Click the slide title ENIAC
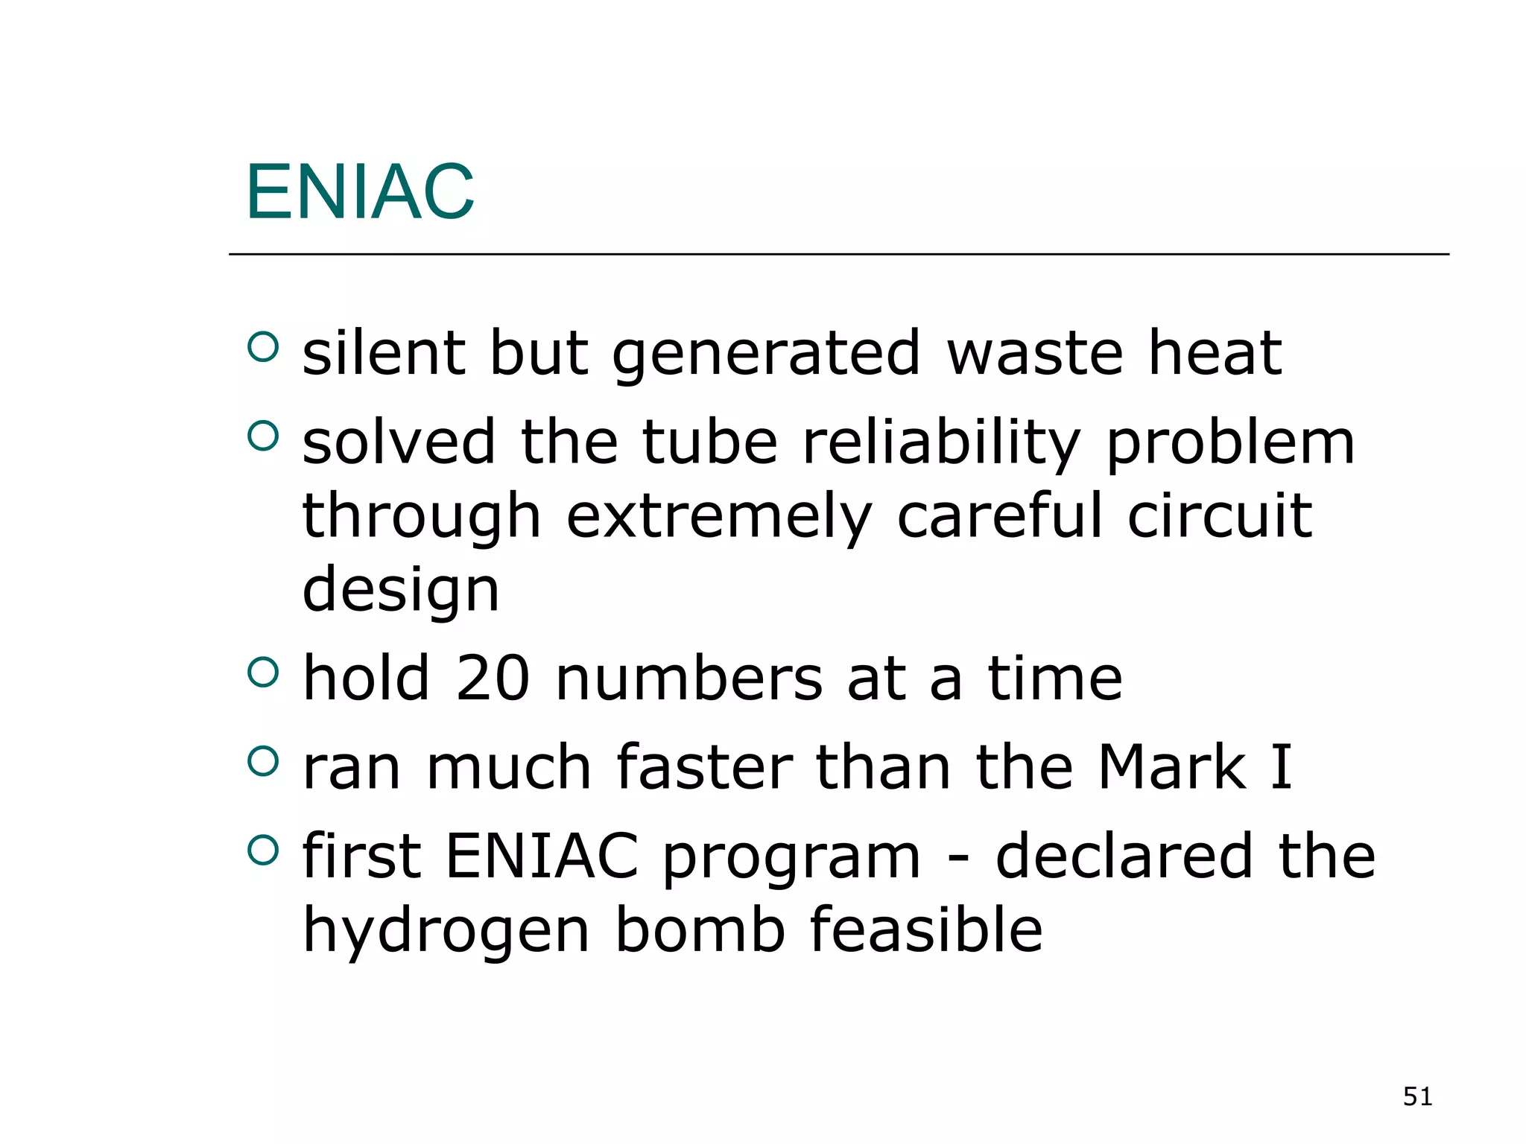coord(360,193)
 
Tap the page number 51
coord(1417,1096)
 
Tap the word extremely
coord(718,517)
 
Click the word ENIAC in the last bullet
coord(542,856)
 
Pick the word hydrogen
coord(446,930)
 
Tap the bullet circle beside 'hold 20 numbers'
coord(262,673)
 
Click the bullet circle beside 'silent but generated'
coord(262,346)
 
